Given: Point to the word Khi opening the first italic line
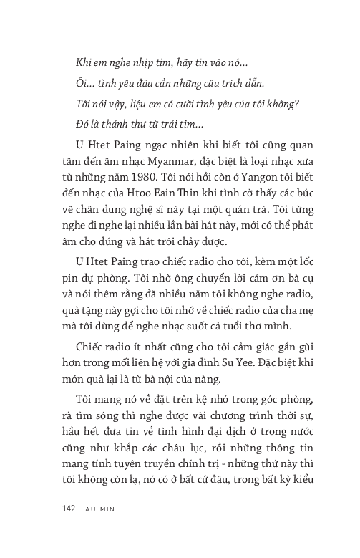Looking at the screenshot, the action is (x=84, y=63).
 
